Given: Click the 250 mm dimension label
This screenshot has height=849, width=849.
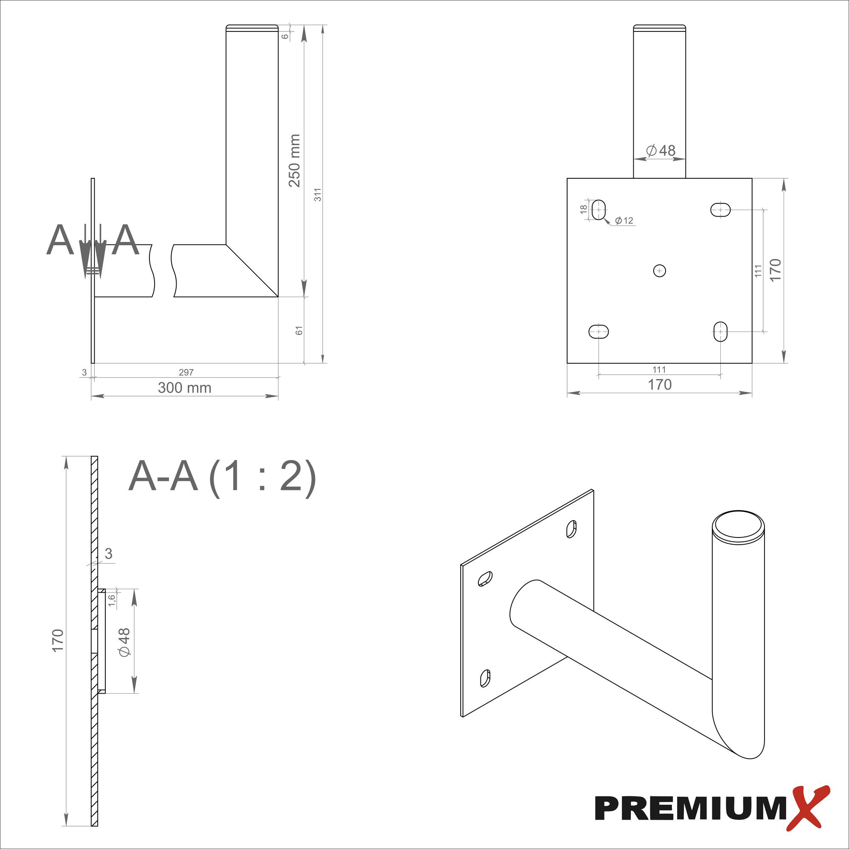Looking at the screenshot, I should (x=295, y=160).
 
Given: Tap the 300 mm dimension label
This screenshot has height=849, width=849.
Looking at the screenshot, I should (x=185, y=388).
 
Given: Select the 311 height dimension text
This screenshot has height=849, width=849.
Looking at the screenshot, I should (x=318, y=194).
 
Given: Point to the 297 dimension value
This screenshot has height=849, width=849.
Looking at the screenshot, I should (x=186, y=372).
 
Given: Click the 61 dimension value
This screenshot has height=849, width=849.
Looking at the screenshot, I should (x=299, y=330).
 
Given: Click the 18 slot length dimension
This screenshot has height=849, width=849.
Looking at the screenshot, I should (x=584, y=209).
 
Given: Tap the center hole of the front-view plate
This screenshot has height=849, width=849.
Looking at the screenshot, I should (x=659, y=271).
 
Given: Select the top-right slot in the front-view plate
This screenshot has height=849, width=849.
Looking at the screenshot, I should (x=720, y=210).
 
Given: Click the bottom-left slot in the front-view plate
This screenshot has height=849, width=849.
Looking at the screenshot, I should (x=599, y=332).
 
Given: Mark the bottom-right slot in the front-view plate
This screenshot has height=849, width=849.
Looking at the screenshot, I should (x=720, y=332).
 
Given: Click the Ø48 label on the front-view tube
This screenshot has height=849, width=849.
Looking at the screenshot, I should (x=661, y=151).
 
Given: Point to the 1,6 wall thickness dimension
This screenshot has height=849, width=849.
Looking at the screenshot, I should (x=112, y=600).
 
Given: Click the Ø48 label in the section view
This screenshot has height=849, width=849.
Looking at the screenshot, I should (x=124, y=642).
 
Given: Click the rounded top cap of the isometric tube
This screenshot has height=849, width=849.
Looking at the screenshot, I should (x=738, y=525).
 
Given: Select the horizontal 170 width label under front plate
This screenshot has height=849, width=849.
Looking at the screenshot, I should (x=660, y=385).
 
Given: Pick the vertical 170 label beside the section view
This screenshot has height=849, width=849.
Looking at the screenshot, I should (x=58, y=640).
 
